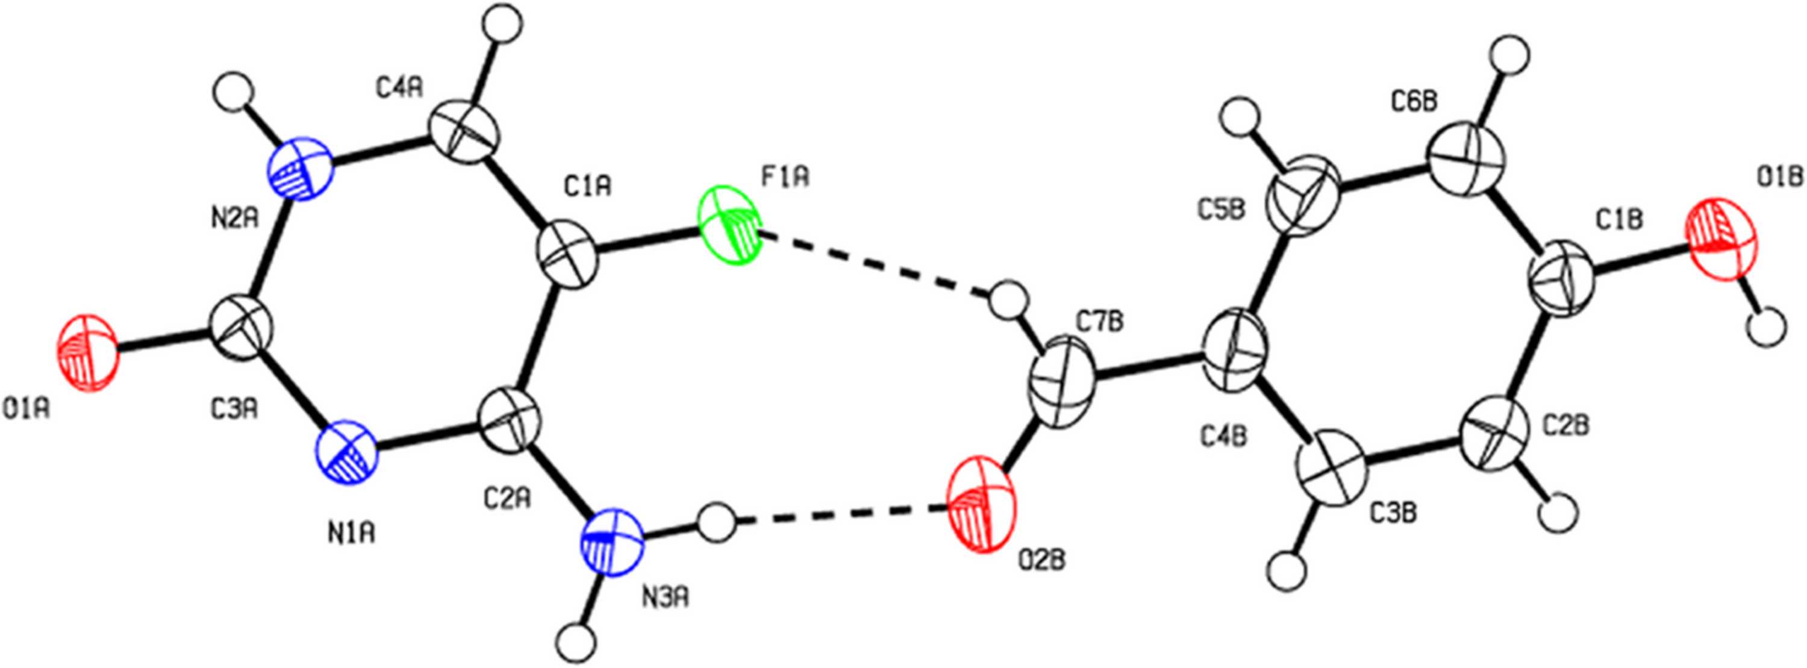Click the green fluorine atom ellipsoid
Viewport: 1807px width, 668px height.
click(729, 225)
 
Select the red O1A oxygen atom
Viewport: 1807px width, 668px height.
click(89, 352)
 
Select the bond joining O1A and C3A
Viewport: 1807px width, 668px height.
click(164, 342)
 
